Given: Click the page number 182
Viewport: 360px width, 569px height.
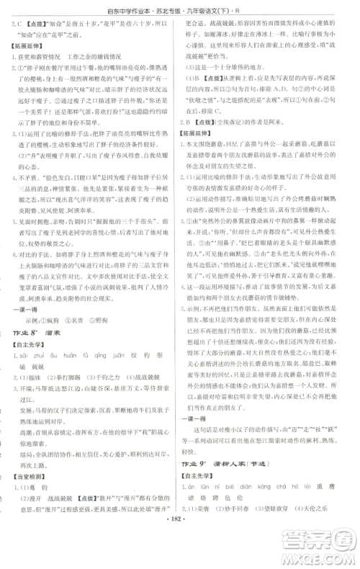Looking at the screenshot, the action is pos(181,537).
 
